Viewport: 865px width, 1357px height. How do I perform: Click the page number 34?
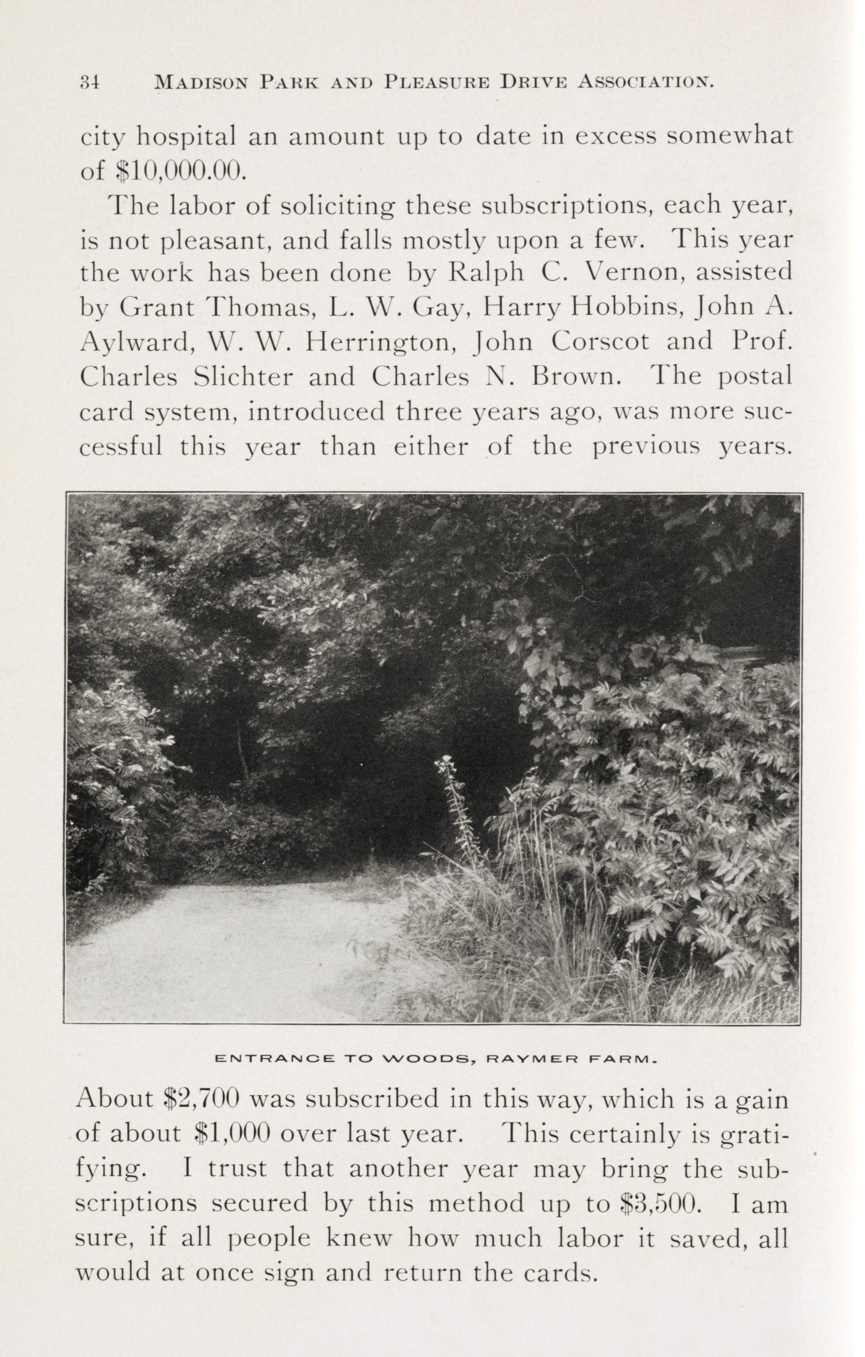[90, 82]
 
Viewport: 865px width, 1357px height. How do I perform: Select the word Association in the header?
[646, 82]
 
